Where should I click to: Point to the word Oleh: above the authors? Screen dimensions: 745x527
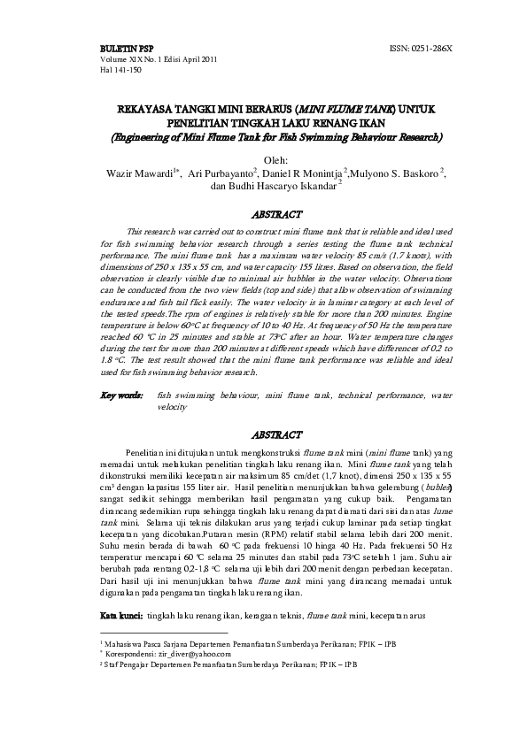[264, 159]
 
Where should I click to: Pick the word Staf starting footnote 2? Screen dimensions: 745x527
[112, 662]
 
